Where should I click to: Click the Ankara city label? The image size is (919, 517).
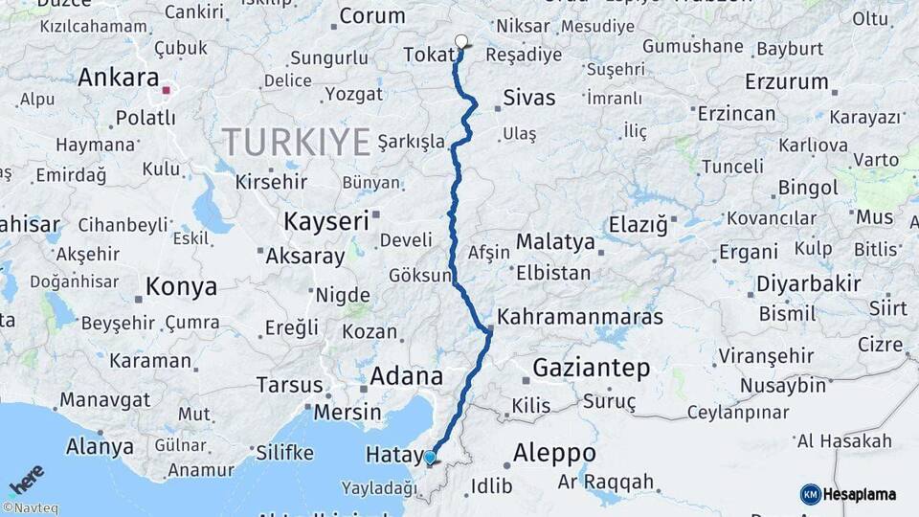click(119, 78)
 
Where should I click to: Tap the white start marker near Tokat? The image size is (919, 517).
click(461, 41)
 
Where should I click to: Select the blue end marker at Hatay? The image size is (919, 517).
click(430, 457)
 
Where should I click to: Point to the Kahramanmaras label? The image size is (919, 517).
click(581, 316)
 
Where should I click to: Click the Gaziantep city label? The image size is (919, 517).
click(591, 368)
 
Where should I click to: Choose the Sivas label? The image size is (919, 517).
click(529, 98)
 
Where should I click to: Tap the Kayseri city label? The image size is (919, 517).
click(326, 222)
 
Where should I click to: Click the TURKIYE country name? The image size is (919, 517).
click(297, 143)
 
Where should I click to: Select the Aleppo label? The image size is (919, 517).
click(554, 452)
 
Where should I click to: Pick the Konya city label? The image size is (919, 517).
click(181, 286)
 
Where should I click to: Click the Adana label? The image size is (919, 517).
click(407, 375)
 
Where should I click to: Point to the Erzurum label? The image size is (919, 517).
click(785, 80)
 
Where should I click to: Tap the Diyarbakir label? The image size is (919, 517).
click(809, 284)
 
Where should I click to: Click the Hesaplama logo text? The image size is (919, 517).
click(860, 494)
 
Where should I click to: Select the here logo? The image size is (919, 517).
click(26, 480)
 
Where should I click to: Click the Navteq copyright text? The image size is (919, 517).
click(30, 508)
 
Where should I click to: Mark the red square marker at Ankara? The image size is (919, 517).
click(167, 91)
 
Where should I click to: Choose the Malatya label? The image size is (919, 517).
click(555, 241)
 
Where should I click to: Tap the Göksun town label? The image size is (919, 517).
click(419, 276)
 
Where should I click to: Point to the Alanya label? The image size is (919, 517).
click(100, 446)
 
